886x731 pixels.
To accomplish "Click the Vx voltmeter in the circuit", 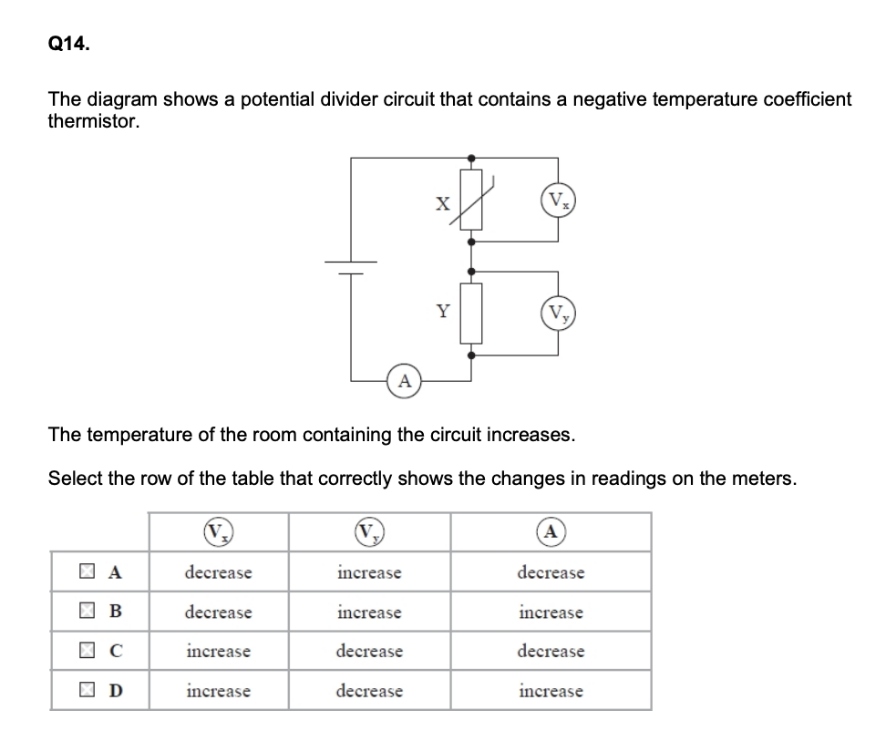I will (557, 201).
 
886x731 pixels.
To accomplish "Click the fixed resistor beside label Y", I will (470, 312).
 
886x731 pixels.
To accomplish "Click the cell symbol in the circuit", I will (352, 265).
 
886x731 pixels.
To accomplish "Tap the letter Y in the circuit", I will (443, 312).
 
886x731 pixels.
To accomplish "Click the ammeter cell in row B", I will (551, 613).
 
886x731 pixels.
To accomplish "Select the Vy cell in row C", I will (369, 652).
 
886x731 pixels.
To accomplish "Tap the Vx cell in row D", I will (218, 691).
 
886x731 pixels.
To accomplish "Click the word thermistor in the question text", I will (94, 121).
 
